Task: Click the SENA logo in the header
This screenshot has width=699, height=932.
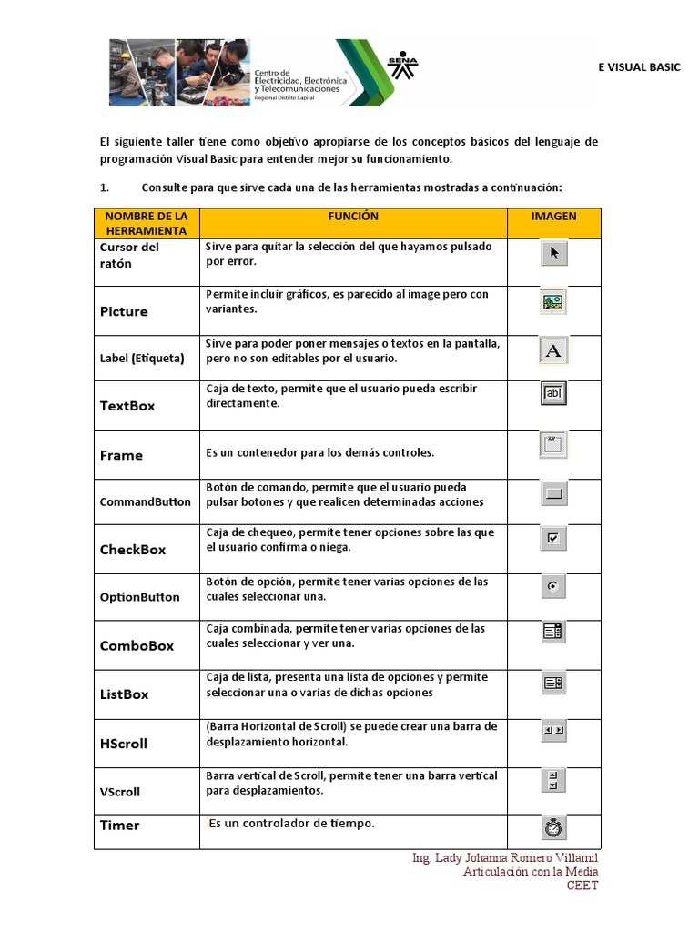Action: point(402,66)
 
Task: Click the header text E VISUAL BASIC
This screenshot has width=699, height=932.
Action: point(638,67)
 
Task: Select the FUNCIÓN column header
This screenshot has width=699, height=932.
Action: point(353,217)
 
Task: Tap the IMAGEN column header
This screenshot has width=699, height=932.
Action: point(553,217)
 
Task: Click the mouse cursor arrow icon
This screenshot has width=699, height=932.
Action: point(553,253)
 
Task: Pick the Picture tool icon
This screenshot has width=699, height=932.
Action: point(553,302)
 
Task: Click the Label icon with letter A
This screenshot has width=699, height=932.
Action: point(553,350)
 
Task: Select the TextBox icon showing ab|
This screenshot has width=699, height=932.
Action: point(553,393)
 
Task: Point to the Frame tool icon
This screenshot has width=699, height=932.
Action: point(553,444)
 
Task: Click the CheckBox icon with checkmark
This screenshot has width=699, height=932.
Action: point(553,538)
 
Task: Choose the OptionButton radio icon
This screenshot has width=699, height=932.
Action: point(552,587)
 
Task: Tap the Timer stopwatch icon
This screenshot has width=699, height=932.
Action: point(553,827)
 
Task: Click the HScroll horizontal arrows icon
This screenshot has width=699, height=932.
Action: point(553,730)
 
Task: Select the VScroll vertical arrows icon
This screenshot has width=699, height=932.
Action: point(553,779)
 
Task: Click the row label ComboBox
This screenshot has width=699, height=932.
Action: point(137,646)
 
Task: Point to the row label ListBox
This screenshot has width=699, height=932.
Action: point(124,694)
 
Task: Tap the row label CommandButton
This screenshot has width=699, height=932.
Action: point(146,501)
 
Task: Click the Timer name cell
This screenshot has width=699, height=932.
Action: point(120,826)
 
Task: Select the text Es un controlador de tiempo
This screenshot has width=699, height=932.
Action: point(291,824)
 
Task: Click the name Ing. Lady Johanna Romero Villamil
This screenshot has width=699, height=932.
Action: point(505,858)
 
